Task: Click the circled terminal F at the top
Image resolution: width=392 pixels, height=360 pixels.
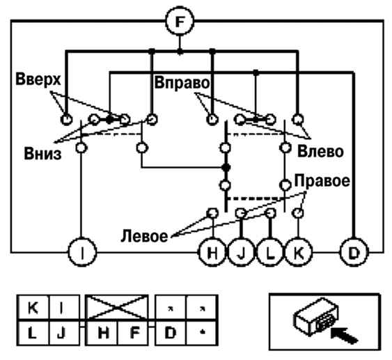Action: [180, 22]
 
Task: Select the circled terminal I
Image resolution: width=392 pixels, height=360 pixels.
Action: [82, 252]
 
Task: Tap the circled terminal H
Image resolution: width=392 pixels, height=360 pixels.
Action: [212, 252]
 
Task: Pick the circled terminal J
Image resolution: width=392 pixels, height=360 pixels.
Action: [241, 252]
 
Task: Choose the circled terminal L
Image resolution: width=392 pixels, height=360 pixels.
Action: [270, 252]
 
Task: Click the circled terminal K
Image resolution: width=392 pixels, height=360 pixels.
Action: [299, 252]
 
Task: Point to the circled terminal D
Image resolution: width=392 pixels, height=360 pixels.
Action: [354, 252]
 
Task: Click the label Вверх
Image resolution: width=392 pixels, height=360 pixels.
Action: [38, 80]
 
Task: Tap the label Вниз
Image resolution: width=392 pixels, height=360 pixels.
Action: [42, 153]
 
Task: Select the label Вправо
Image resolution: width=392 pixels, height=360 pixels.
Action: [182, 83]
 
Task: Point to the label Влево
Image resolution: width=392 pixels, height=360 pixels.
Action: [320, 151]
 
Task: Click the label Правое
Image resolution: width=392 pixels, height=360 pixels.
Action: [322, 180]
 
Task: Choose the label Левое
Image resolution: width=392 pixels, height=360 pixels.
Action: [144, 236]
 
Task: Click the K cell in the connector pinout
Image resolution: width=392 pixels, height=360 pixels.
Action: [33, 308]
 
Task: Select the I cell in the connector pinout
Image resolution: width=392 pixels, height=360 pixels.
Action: [64, 308]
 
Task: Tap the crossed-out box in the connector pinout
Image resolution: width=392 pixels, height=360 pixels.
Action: [117, 308]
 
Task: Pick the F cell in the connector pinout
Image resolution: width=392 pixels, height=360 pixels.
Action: [132, 333]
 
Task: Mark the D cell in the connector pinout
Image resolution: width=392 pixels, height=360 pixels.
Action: [171, 333]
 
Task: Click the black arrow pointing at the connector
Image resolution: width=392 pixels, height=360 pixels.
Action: [344, 335]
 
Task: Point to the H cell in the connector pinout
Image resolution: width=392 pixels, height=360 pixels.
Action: [102, 333]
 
